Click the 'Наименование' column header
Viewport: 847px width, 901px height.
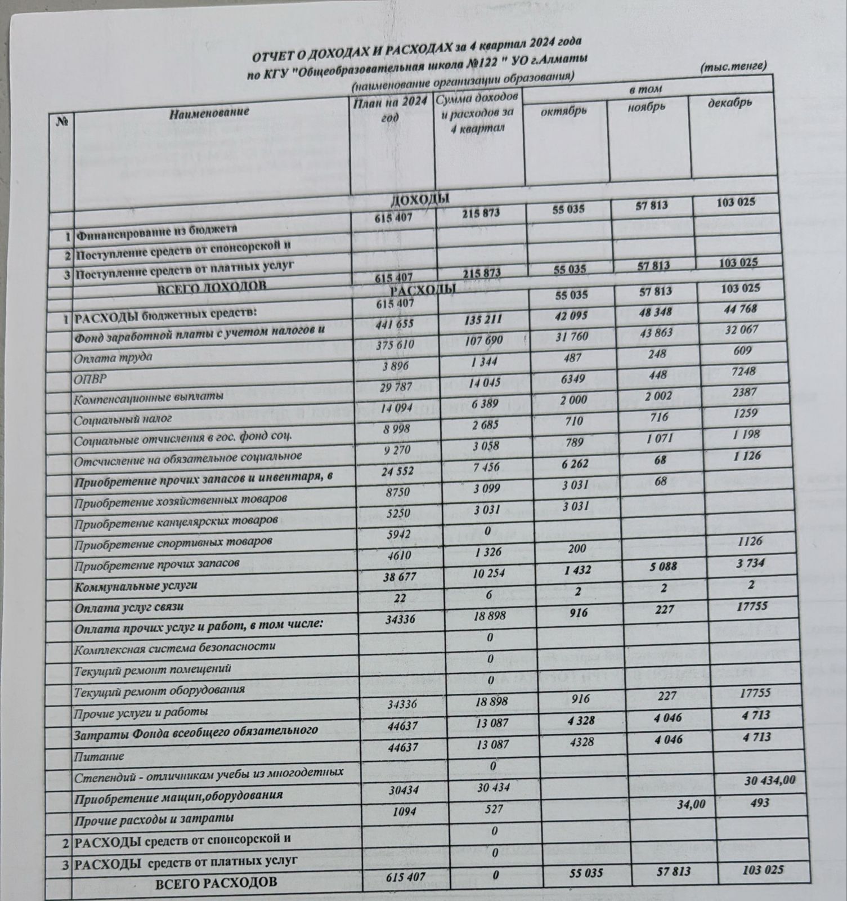click(209, 112)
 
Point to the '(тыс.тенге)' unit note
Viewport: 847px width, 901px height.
click(733, 67)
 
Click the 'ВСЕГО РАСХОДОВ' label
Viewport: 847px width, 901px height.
click(216, 882)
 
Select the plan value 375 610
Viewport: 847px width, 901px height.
click(395, 344)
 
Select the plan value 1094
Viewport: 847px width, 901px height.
click(399, 809)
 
